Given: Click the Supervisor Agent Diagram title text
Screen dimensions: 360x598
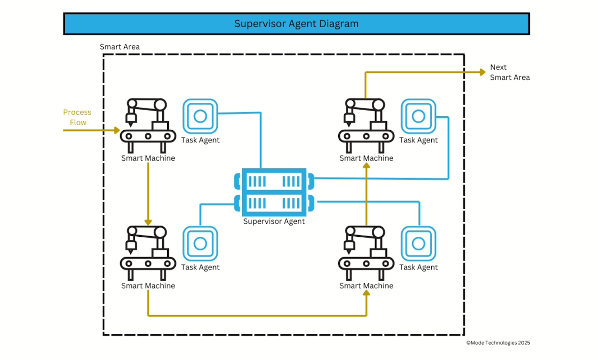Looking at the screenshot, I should tap(296, 24).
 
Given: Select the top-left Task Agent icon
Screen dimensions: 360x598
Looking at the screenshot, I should tap(200, 115).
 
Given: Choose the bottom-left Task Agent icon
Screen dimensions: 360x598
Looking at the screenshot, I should tap(200, 243).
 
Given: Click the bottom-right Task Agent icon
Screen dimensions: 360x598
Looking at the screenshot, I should tap(418, 243).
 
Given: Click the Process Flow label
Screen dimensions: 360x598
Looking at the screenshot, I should tap(77, 117).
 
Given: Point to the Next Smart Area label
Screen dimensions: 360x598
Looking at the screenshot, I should tap(510, 72).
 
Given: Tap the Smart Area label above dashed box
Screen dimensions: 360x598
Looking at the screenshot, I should tap(120, 47).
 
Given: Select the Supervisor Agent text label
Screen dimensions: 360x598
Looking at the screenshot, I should tap(274, 221).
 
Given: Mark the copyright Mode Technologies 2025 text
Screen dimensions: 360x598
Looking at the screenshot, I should tap(498, 343).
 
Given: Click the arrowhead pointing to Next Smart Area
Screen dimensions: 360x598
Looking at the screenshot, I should tap(483, 72).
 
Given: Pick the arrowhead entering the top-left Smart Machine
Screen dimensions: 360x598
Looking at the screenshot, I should tap(117, 130).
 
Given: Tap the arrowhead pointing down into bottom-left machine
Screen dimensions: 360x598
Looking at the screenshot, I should tap(148, 222).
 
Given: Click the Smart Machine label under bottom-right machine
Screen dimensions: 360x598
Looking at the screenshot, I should tap(366, 286).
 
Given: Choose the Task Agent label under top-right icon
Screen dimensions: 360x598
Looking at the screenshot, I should tap(419, 140).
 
